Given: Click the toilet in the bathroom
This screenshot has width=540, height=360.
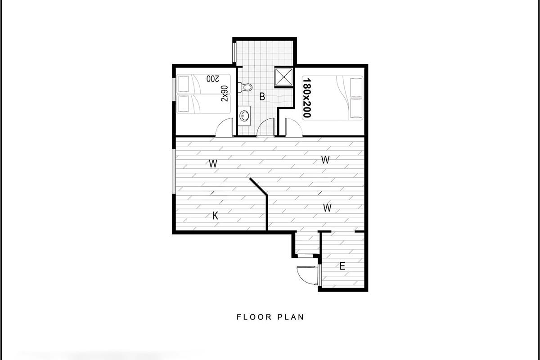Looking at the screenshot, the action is tap(245, 87).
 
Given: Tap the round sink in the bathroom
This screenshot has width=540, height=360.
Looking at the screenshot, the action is tap(244, 116).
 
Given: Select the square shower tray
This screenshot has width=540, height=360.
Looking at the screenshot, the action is tap(283, 76).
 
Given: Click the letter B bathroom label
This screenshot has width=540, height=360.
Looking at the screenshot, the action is tap(262, 96).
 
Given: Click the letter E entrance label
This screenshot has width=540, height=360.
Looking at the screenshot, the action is tap(342, 266).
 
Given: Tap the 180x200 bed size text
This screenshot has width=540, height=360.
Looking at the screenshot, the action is tap(307, 98).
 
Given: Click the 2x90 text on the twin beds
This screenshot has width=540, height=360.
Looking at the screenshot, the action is tap(225, 94).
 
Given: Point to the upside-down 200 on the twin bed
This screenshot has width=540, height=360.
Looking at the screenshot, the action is tap(212, 79).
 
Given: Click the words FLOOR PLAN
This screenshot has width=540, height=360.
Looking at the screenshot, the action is tap(270, 317).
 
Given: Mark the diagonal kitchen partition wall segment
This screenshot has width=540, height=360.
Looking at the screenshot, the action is tap(258, 186).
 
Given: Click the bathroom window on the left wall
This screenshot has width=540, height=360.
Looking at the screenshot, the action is tap(234, 52).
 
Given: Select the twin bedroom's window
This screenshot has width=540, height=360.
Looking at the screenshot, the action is tap(174, 89).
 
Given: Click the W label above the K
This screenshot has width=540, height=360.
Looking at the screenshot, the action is tap(213, 164).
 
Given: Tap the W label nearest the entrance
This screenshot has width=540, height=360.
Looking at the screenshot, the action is tap(327, 207).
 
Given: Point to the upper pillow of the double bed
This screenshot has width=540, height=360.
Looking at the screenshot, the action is tap(356, 87).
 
